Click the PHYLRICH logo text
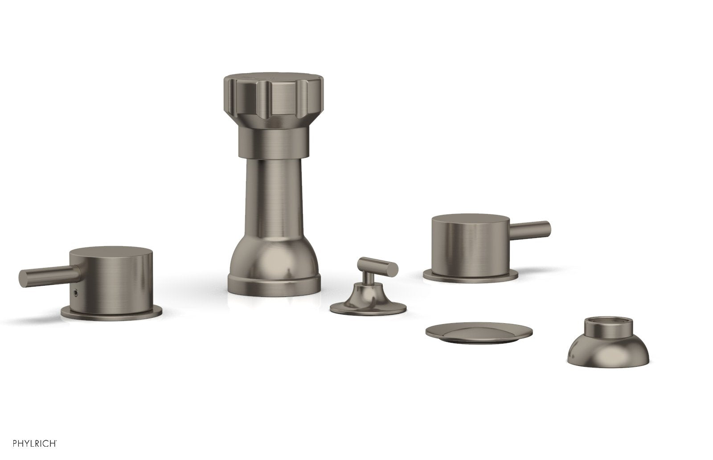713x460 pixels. pos(35,444)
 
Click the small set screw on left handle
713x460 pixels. pos(75,292)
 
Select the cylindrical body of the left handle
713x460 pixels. pos(111,280)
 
